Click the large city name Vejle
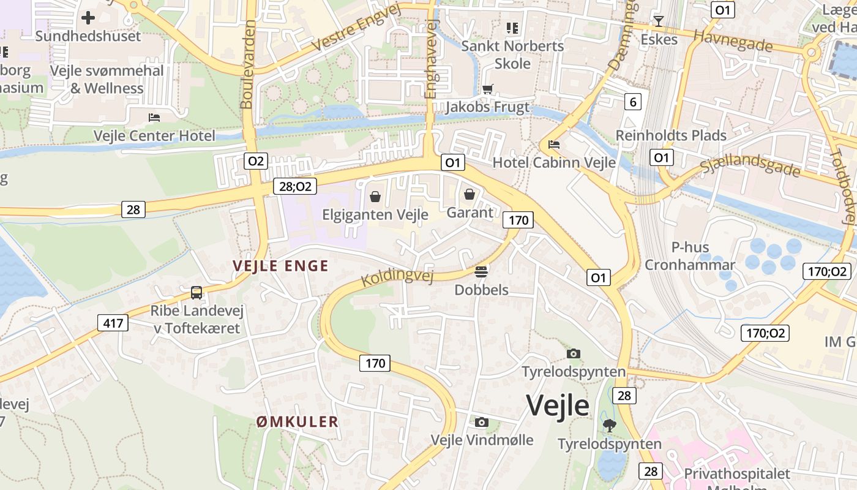pyautogui.click(x=557, y=405)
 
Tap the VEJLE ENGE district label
pyautogui.click(x=280, y=266)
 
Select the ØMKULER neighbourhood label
pyautogui.click(x=298, y=421)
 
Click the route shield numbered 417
pyautogui.click(x=113, y=323)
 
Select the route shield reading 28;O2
pyautogui.click(x=295, y=187)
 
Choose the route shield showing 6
pyautogui.click(x=633, y=102)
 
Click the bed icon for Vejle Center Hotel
pyautogui.click(x=154, y=117)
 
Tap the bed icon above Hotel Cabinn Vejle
pyautogui.click(x=554, y=145)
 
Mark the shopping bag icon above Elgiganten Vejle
pyautogui.click(x=375, y=197)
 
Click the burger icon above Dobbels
pyautogui.click(x=481, y=271)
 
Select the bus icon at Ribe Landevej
pyautogui.click(x=196, y=293)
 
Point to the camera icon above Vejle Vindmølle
pyautogui.click(x=482, y=422)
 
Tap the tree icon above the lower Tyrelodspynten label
pyautogui.click(x=609, y=424)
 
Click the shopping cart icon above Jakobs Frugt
pyautogui.click(x=487, y=89)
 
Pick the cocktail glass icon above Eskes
pyautogui.click(x=659, y=21)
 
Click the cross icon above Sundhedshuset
pyautogui.click(x=88, y=18)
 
